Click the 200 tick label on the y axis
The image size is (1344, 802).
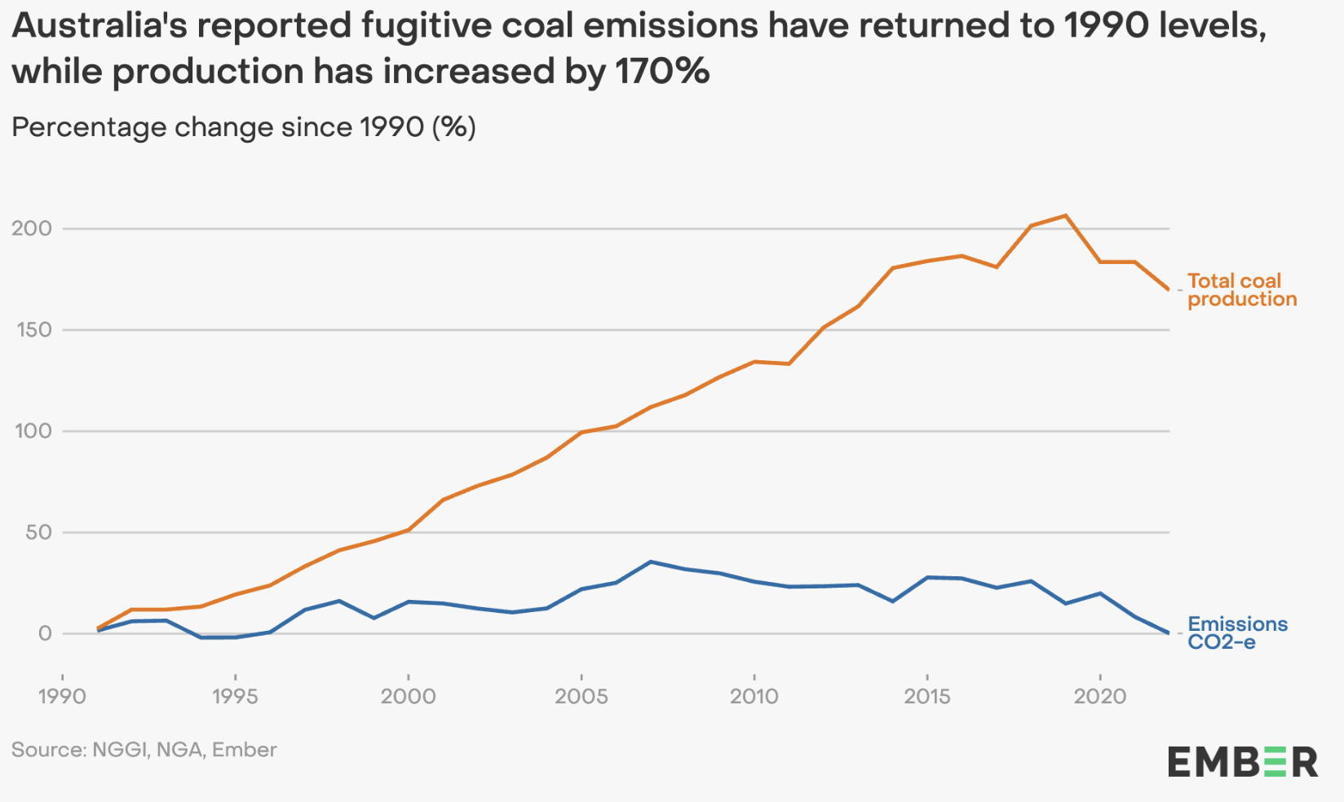(32, 228)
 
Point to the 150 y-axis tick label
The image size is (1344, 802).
(33, 330)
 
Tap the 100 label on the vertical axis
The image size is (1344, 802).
(33, 431)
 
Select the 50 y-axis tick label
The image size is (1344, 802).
(38, 532)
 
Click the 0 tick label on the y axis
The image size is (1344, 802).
(45, 633)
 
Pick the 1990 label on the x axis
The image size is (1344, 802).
(62, 696)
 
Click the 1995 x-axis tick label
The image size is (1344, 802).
(235, 696)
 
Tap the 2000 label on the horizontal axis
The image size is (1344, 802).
(408, 696)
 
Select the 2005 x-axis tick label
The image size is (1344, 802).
(581, 696)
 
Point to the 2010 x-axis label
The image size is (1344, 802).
(754, 696)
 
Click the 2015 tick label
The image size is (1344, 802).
(926, 696)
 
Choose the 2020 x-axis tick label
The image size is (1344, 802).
(1100, 696)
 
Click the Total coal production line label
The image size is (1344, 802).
(1241, 290)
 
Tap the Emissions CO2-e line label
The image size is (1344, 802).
(1236, 633)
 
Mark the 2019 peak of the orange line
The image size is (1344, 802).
(1066, 216)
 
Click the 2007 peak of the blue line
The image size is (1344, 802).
(650, 562)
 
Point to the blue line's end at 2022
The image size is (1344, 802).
(1169, 633)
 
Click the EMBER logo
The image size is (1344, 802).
(1241, 763)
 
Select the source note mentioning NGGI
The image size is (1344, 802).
(144, 750)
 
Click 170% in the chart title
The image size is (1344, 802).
(662, 72)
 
